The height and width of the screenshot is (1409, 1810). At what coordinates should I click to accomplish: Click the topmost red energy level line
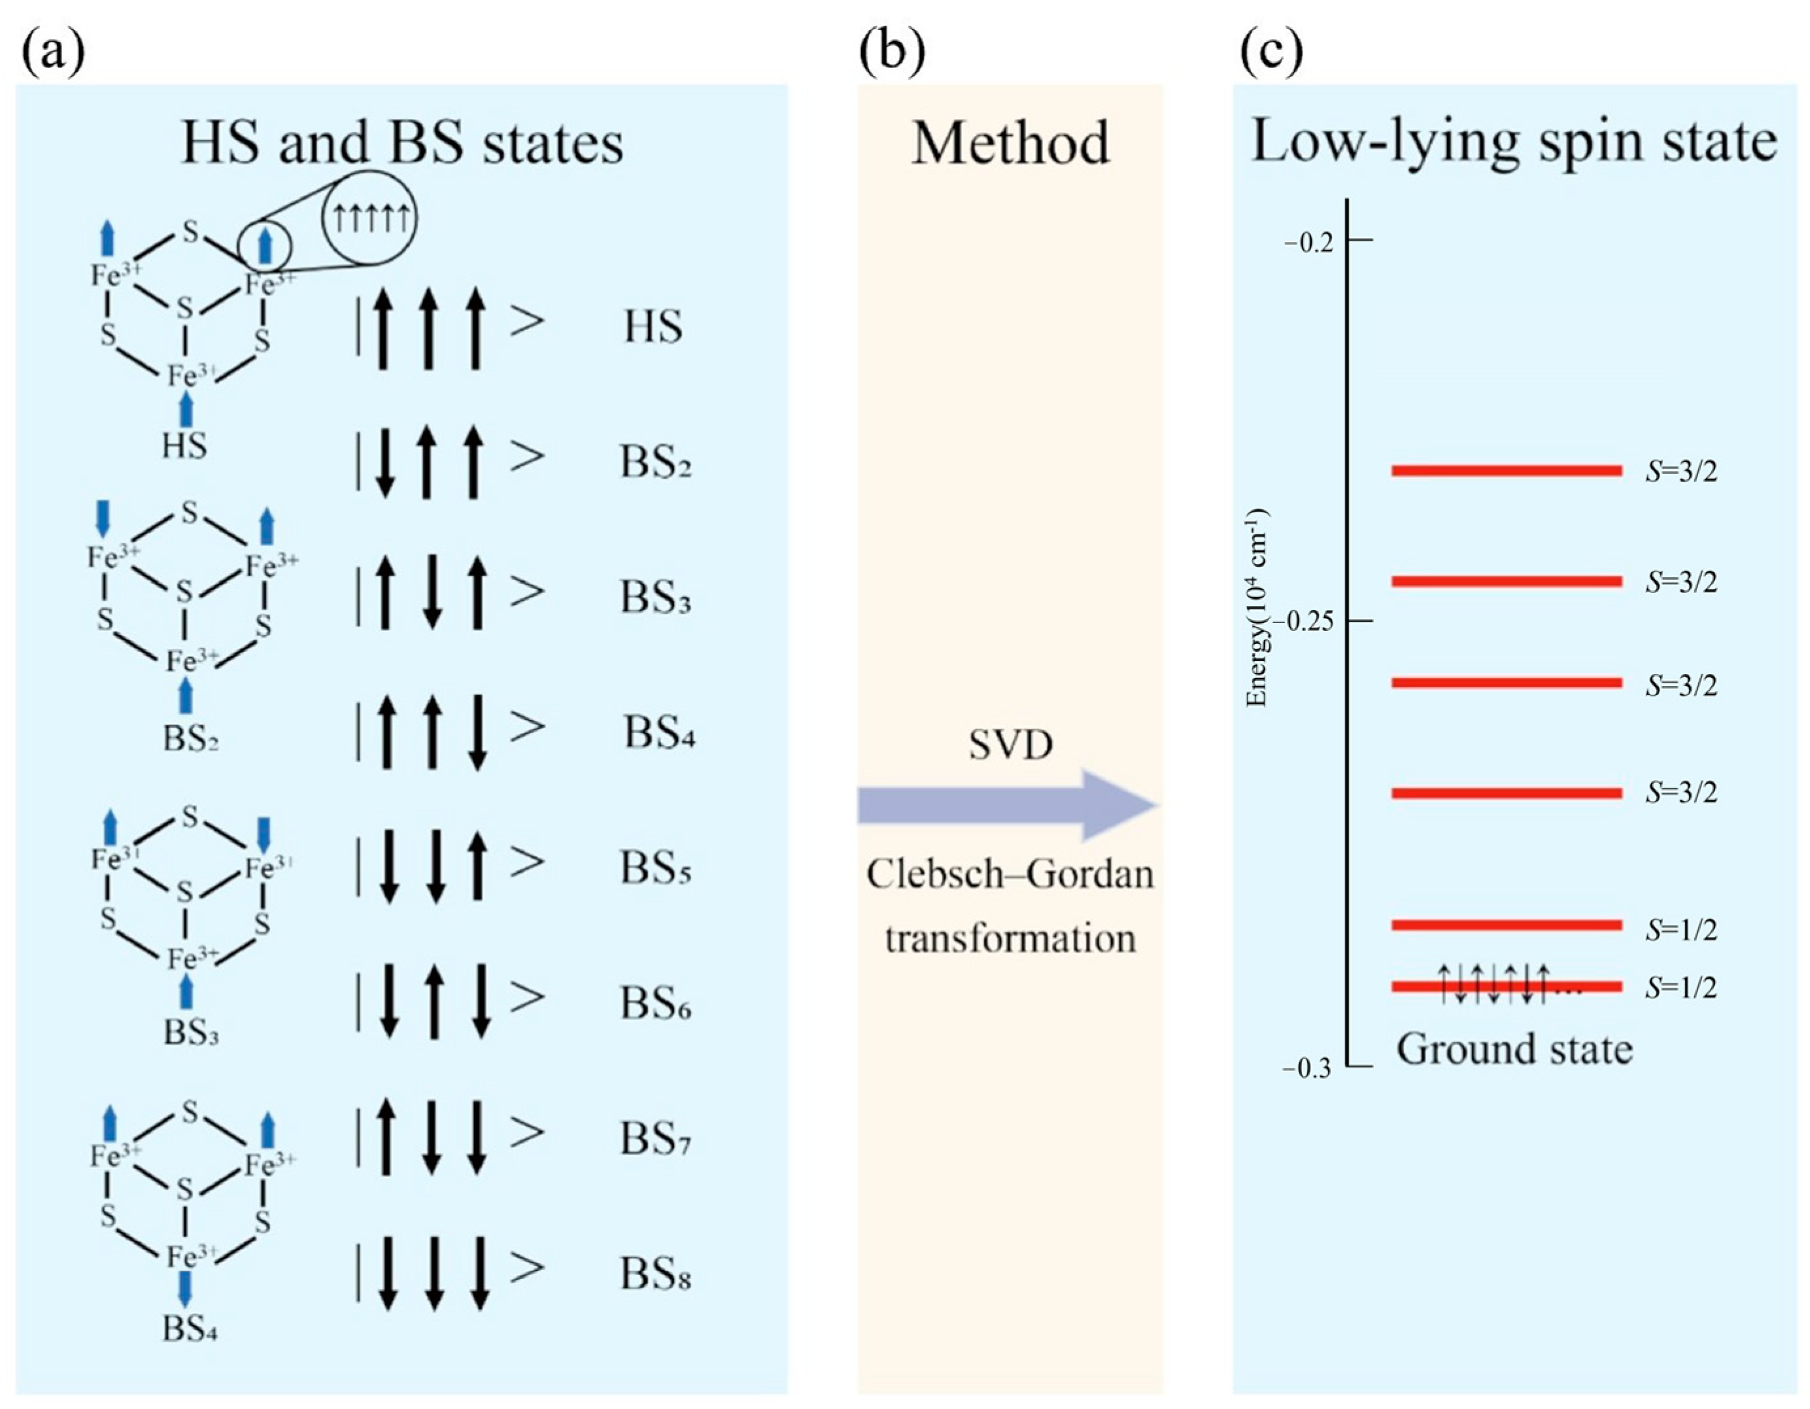[x=1506, y=471]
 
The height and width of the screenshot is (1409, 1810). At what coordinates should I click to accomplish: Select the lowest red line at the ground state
[x=1506, y=986]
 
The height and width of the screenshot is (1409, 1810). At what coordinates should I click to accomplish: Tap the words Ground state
[x=1514, y=1049]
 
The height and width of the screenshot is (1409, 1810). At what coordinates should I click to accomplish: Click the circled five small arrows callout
[x=369, y=217]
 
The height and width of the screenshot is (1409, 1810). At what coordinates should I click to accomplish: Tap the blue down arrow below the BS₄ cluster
[x=185, y=1308]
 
